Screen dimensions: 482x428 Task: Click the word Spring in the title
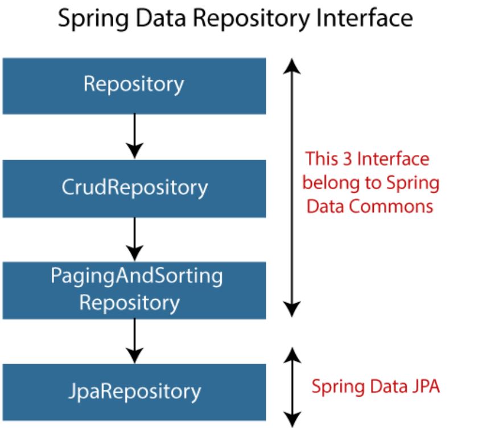93,19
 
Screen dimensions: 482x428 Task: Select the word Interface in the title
364,18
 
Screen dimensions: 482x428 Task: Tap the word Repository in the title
251,19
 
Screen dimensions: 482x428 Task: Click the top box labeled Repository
134,86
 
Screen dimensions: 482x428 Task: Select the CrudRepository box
134,189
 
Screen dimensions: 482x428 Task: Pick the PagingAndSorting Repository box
134,290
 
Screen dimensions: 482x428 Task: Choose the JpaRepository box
134,392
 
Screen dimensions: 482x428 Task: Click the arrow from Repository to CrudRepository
135,136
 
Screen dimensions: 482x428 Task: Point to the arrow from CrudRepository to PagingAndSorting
135,239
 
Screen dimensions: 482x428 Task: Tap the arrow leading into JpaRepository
135,341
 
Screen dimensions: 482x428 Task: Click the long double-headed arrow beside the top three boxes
292,187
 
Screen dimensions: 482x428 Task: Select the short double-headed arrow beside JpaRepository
292,388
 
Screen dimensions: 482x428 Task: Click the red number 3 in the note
347,159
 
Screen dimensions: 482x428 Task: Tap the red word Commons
391,206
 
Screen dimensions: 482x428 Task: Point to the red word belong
331,183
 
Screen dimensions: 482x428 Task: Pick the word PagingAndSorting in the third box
137,276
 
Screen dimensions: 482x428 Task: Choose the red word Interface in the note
393,159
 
